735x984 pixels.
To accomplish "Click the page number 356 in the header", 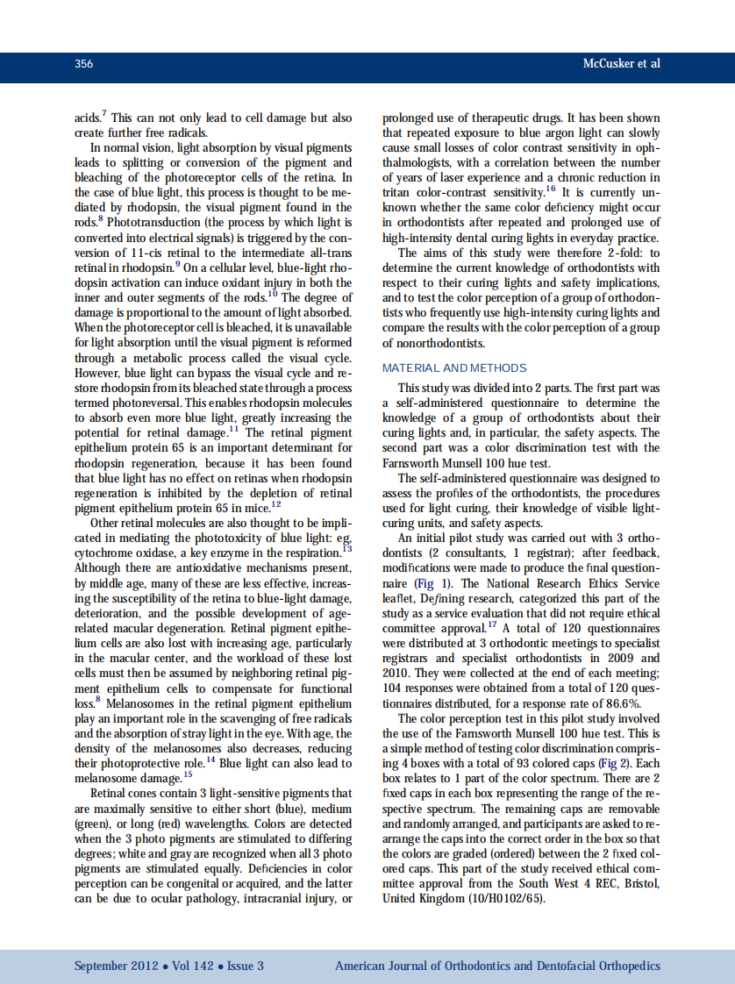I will pyautogui.click(x=84, y=64).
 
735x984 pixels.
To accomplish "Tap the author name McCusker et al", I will pyautogui.click(x=621, y=64).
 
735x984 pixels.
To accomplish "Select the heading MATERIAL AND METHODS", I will pyautogui.click(x=454, y=368).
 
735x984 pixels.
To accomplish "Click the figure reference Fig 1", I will pyautogui.click(x=421, y=582).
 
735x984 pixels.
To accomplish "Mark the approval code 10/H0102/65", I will pyautogui.click(x=508, y=899).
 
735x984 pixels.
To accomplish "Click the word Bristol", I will pyautogui.click(x=641, y=883).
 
